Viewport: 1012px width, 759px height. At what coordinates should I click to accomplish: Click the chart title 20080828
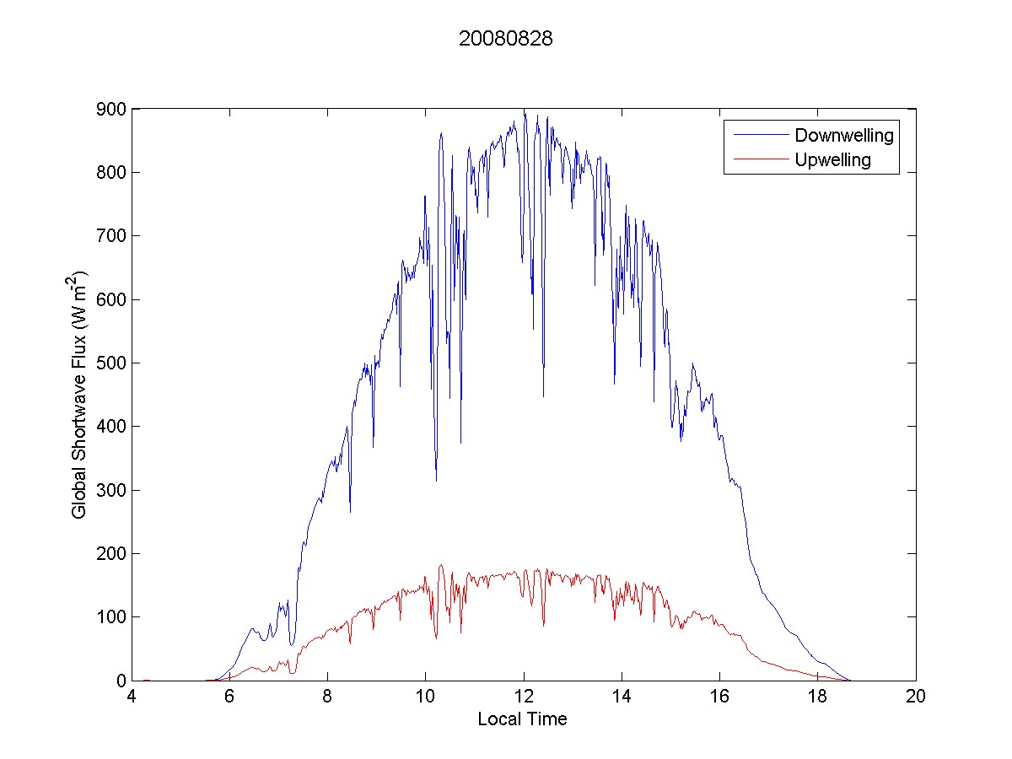coord(505,39)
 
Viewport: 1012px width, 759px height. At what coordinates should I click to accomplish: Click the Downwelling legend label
coord(843,135)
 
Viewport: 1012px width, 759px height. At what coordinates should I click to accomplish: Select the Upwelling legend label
coord(832,159)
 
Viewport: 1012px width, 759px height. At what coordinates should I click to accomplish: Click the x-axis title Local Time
coord(522,719)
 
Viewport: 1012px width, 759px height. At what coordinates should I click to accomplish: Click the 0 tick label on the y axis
coord(121,681)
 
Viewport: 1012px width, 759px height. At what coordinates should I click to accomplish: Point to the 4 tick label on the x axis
coord(132,697)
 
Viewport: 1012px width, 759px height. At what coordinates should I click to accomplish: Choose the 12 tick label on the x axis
coord(524,697)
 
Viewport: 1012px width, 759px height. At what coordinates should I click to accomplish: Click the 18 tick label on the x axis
coord(818,697)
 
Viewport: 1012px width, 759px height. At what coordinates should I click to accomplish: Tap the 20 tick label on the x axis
coord(916,697)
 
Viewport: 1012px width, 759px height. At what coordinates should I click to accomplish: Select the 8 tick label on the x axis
coord(327,697)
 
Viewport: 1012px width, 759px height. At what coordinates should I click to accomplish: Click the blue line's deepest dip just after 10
coord(436,480)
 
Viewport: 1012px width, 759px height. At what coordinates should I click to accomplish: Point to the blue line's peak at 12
coord(524,110)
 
